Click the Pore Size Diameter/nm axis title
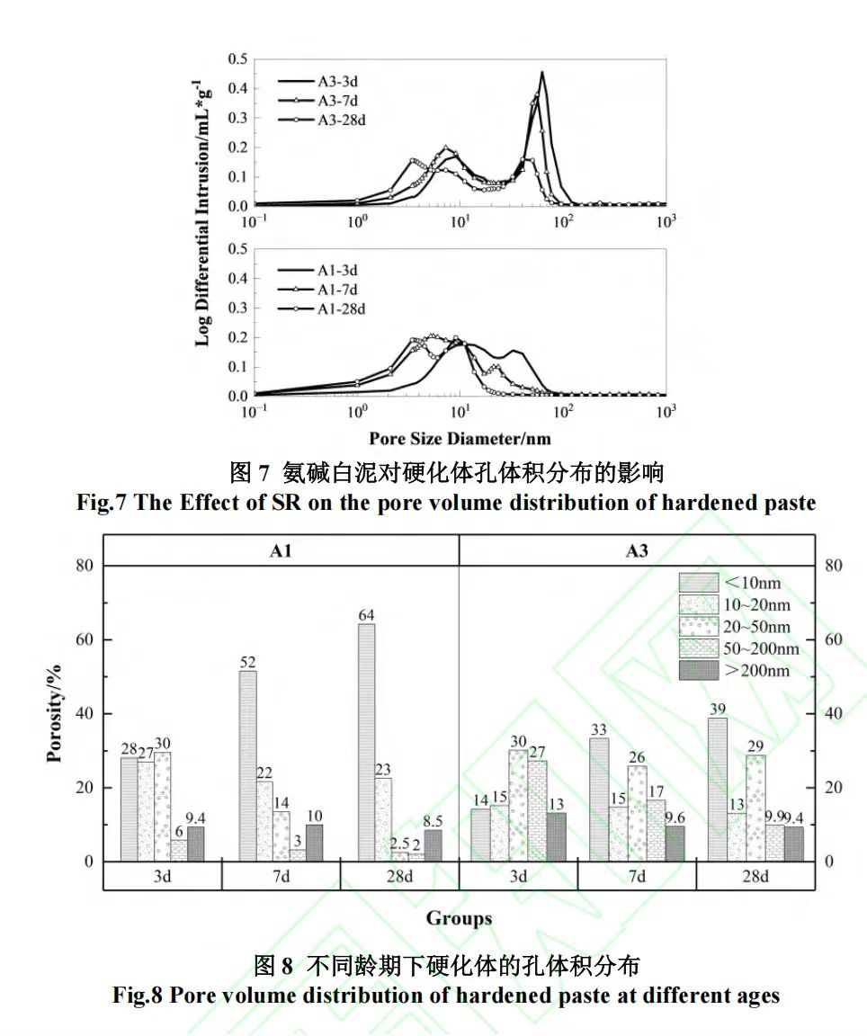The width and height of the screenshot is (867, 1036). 460,439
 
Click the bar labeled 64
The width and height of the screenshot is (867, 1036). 366,742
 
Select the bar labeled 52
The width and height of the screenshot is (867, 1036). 247,765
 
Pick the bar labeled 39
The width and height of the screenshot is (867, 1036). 718,789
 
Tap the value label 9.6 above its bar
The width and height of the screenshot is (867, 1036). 675,818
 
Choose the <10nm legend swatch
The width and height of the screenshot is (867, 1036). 698,583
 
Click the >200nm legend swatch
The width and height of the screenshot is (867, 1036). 698,670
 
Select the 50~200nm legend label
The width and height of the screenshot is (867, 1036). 761,648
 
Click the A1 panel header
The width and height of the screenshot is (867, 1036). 281,551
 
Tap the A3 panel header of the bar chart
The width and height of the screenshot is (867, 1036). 637,551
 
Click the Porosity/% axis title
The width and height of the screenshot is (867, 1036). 55,713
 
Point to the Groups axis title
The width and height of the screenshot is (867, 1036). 459,918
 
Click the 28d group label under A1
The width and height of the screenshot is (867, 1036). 399,877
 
